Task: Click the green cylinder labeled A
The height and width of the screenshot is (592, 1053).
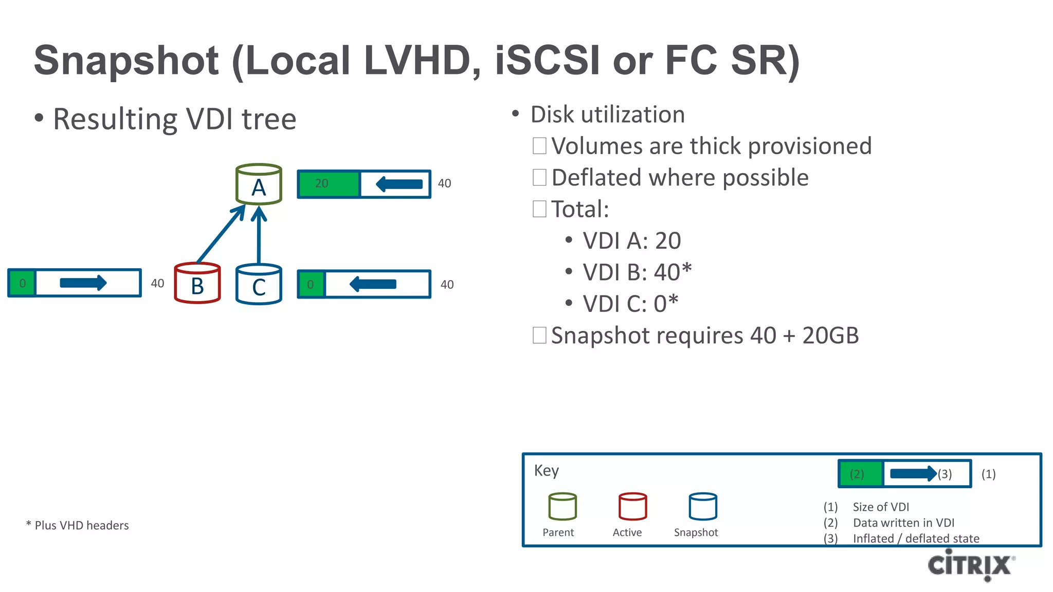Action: [259, 184]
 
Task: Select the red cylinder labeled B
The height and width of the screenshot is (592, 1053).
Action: [197, 283]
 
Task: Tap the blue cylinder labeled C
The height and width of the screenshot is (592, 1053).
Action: [259, 284]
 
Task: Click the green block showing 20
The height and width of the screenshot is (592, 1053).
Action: [329, 184]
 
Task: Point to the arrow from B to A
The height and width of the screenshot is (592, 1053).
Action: [221, 234]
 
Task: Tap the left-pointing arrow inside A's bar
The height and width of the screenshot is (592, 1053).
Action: [400, 184]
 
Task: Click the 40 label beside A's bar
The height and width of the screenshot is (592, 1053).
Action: [444, 183]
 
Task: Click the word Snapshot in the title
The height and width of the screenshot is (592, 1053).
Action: [126, 61]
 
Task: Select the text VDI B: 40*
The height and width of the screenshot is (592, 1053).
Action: [637, 272]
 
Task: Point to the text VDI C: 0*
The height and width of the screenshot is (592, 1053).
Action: [630, 304]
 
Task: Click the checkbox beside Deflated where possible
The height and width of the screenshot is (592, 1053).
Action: [539, 177]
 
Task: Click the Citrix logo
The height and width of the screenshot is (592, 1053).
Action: [970, 565]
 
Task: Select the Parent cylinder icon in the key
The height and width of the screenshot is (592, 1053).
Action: [562, 507]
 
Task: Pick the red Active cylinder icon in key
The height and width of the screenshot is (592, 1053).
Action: [632, 507]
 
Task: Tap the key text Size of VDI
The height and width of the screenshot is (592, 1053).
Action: [880, 507]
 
